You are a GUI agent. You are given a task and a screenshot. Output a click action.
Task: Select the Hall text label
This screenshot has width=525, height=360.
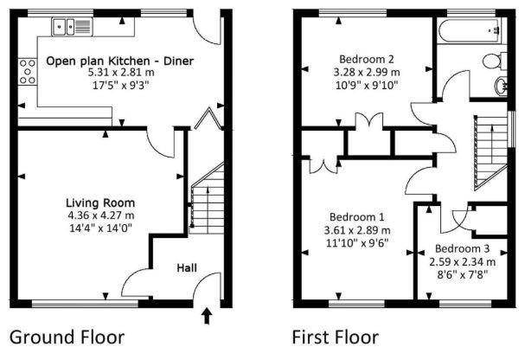[x=186, y=269]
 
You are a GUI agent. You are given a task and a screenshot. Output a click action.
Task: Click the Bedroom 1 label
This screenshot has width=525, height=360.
[x=356, y=217]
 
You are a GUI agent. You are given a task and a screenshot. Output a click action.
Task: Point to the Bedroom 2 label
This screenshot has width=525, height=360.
[x=366, y=59]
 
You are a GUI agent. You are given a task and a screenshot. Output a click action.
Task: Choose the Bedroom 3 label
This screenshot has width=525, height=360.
[x=462, y=247]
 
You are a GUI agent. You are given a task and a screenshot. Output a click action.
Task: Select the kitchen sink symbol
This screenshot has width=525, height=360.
[x=66, y=26]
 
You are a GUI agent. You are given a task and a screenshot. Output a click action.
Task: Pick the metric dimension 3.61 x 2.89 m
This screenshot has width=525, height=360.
[x=356, y=230]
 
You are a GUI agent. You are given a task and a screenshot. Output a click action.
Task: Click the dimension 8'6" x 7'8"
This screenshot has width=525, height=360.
[x=462, y=273]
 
